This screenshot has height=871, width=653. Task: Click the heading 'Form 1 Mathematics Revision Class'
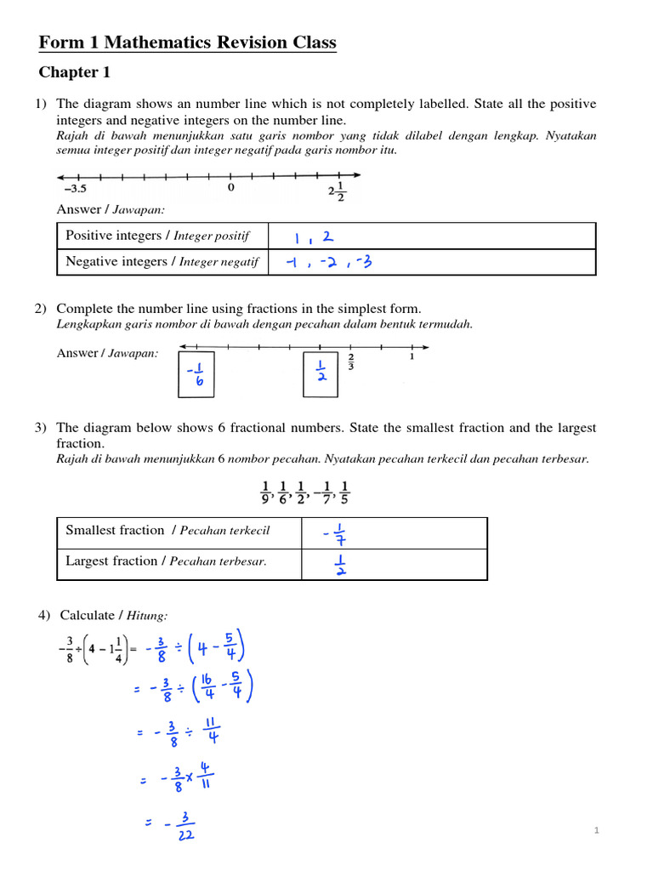tap(188, 43)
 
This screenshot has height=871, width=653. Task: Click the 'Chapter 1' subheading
tap(75, 72)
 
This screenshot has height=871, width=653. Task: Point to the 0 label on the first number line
tap(230, 188)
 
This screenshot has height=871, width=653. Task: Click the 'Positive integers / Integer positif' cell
tap(162, 236)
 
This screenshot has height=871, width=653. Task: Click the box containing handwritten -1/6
tap(196, 373)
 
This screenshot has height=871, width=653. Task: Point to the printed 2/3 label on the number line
tap(351, 362)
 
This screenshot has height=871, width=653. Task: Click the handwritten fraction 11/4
tap(212, 732)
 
